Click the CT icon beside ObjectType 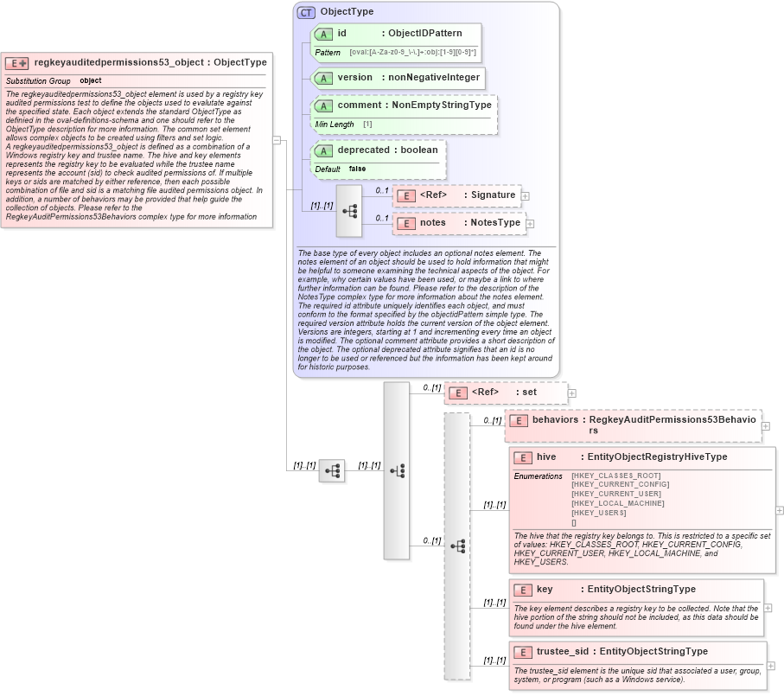[306, 12]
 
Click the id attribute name [342, 33]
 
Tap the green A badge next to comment [323, 105]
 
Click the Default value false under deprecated [357, 169]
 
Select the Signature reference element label [493, 195]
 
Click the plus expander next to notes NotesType [530, 224]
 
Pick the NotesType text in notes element [495, 222]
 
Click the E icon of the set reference [460, 393]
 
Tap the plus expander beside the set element [571, 393]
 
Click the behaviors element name [555, 419]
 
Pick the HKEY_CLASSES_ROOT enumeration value [615, 476]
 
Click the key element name [545, 589]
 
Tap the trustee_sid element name [563, 651]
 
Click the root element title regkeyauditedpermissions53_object [120, 62]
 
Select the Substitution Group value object [91, 80]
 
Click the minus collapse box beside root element [277, 139]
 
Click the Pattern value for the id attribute [412, 53]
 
